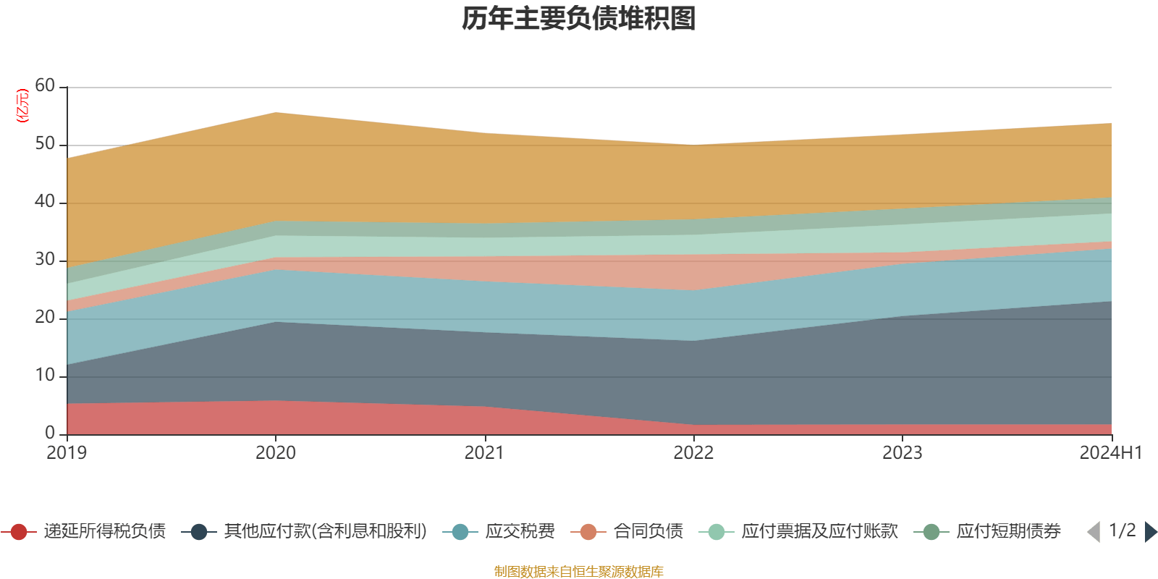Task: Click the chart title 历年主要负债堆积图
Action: [x=579, y=19]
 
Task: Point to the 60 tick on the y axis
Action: [x=45, y=85]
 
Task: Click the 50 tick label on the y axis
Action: [x=45, y=143]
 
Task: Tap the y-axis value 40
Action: [x=45, y=201]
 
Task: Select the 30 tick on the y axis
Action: [x=45, y=259]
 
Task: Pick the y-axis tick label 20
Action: [x=45, y=317]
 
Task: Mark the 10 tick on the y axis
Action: [x=45, y=375]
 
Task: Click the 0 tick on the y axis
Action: [x=50, y=433]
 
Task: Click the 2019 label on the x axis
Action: [x=67, y=453]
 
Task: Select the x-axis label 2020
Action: [x=276, y=453]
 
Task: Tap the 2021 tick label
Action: [x=484, y=453]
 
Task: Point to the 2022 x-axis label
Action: [x=693, y=453]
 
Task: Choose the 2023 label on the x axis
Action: [x=902, y=453]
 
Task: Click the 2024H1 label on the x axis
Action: [x=1110, y=453]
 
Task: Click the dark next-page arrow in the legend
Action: [x=1150, y=532]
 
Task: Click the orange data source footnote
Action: [x=579, y=572]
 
